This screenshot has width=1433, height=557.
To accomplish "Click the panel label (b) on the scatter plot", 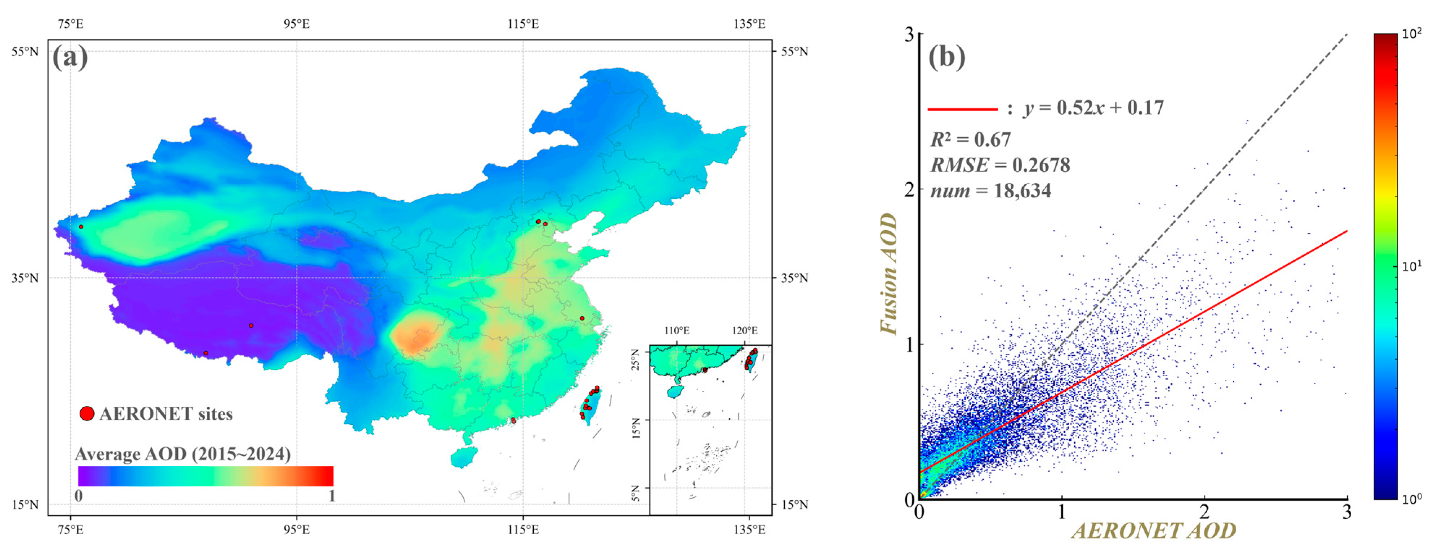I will (x=947, y=57).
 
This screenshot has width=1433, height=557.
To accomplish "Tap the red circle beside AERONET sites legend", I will (x=87, y=414).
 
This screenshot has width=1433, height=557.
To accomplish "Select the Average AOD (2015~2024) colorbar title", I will (x=183, y=454).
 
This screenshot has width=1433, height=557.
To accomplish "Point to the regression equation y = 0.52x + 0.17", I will (x=1093, y=108).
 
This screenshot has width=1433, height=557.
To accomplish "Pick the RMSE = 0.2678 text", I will (x=1000, y=165).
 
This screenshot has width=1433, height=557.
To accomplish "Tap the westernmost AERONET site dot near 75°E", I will (x=81, y=227).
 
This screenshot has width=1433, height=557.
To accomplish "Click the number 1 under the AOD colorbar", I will (x=332, y=495).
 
